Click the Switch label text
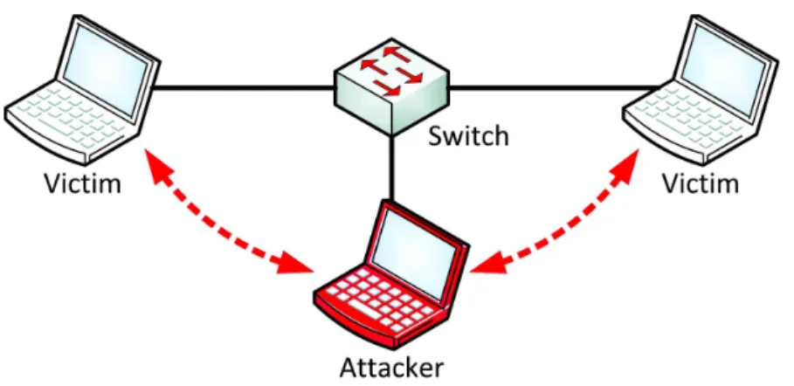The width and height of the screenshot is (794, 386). [468, 136]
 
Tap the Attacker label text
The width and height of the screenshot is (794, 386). [391, 368]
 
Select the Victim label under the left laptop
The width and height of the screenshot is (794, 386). [83, 183]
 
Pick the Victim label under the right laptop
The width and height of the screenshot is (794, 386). [701, 183]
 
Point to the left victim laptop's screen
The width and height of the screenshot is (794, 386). [107, 69]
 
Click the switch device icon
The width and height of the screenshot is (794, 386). [391, 86]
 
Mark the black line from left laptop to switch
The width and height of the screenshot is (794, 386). [244, 87]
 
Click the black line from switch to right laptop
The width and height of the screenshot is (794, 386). [554, 87]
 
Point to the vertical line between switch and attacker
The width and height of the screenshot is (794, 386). [391, 167]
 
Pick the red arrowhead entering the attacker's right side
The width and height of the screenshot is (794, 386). [488, 264]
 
